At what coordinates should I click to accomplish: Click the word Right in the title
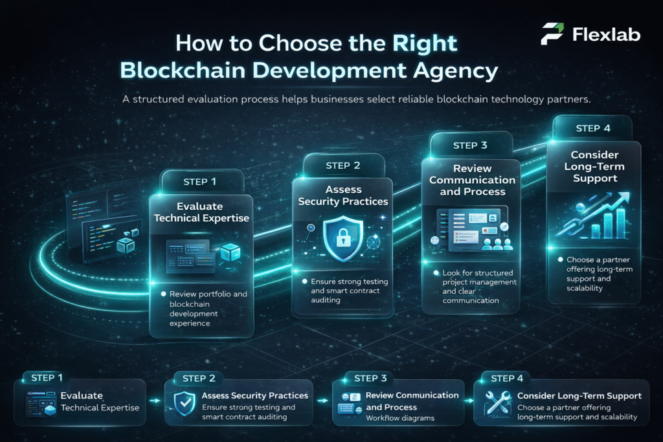(424, 43)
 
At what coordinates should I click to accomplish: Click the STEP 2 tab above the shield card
(343, 165)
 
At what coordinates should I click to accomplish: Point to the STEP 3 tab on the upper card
(470, 146)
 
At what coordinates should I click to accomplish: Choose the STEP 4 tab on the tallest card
(592, 128)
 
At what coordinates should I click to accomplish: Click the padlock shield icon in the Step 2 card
(343, 236)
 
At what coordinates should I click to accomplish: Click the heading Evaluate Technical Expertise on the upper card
(201, 212)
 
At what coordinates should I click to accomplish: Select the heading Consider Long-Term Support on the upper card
(594, 166)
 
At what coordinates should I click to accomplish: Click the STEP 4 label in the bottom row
(511, 378)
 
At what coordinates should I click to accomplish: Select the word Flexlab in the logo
(606, 34)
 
